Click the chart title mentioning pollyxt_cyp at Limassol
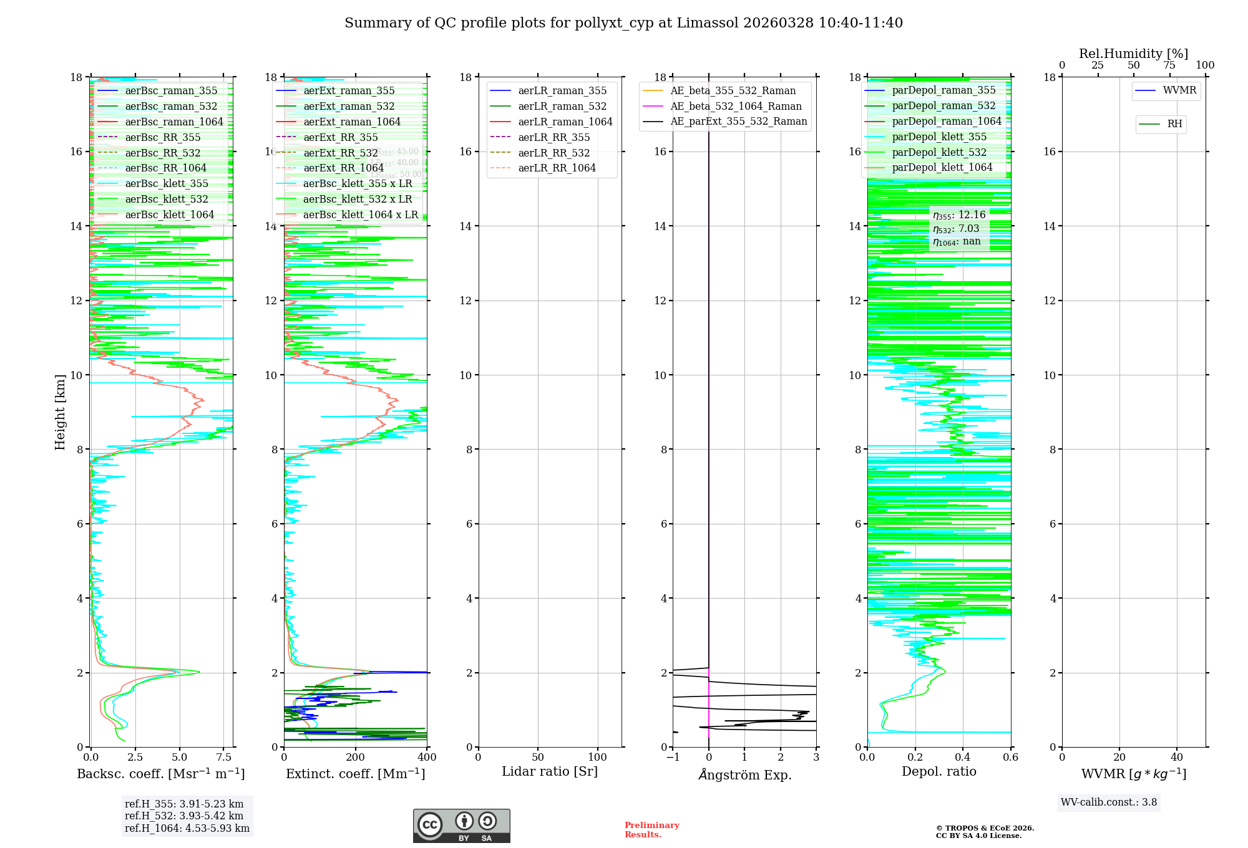pyautogui.click(x=623, y=23)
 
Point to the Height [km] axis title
pyautogui.click(x=60, y=412)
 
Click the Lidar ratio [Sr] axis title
pyautogui.click(x=549, y=772)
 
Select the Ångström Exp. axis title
pyautogui.click(x=744, y=775)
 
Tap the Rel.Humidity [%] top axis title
pyautogui.click(x=1133, y=54)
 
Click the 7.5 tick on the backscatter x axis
pyautogui.click(x=224, y=758)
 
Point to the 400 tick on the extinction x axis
pyautogui.click(x=427, y=758)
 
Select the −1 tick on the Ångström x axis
pyautogui.click(x=672, y=758)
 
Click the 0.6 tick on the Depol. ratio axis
pyautogui.click(x=1010, y=758)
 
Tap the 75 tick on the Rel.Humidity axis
pyautogui.click(x=1169, y=65)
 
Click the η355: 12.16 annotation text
pyautogui.click(x=959, y=215)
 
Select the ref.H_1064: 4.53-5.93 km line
pyautogui.click(x=187, y=829)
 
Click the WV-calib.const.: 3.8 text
pyautogui.click(x=1109, y=802)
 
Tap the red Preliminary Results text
pyautogui.click(x=651, y=830)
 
